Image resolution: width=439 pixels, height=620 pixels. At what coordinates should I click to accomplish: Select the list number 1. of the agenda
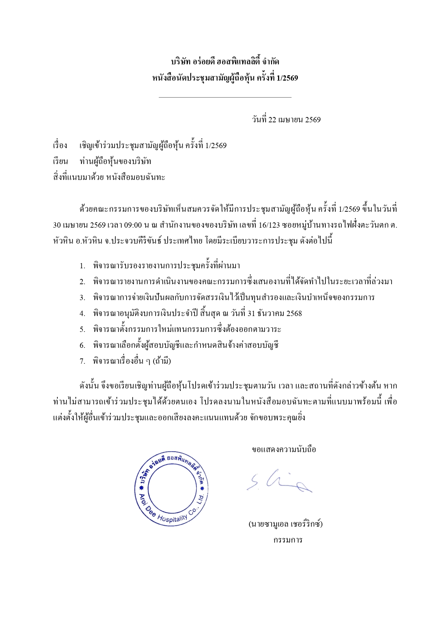point(82,266)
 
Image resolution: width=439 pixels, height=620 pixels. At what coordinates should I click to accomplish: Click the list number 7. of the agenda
point(82,361)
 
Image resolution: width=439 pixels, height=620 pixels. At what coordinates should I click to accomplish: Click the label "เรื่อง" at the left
point(60,146)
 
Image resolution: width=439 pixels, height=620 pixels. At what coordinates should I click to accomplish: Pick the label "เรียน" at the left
point(60,162)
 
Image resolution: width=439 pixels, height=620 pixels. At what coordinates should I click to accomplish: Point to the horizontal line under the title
point(225,97)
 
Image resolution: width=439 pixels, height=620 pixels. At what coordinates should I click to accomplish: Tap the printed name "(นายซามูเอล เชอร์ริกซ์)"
point(285,524)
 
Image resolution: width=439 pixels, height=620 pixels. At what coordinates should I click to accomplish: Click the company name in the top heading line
point(225,62)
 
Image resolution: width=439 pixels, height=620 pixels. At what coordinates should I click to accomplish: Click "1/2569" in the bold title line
point(288,78)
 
